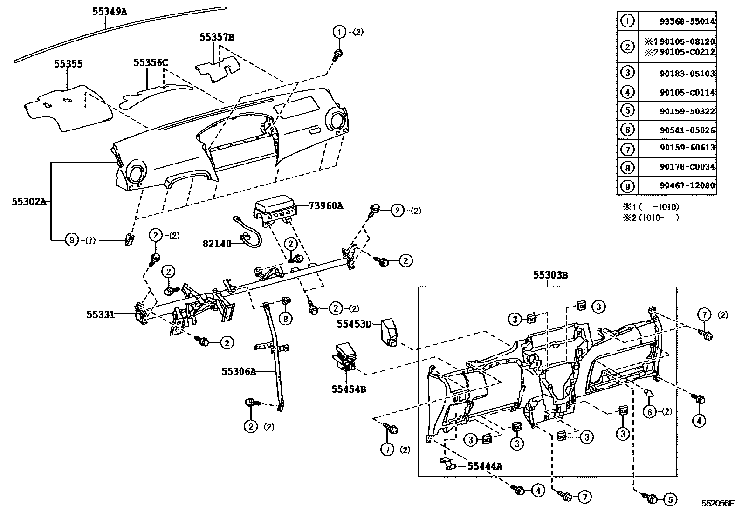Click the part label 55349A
point(109,11)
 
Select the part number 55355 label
point(68,64)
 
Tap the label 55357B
point(217,37)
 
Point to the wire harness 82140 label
point(217,244)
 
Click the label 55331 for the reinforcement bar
point(100,314)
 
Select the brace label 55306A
point(239,371)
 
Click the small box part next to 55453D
point(389,332)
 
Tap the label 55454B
point(349,389)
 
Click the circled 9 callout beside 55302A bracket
point(71,240)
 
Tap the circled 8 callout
point(285,318)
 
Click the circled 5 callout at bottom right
point(670,499)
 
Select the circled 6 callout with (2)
point(650,411)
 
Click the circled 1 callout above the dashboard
point(339,32)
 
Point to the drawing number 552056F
point(718,504)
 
